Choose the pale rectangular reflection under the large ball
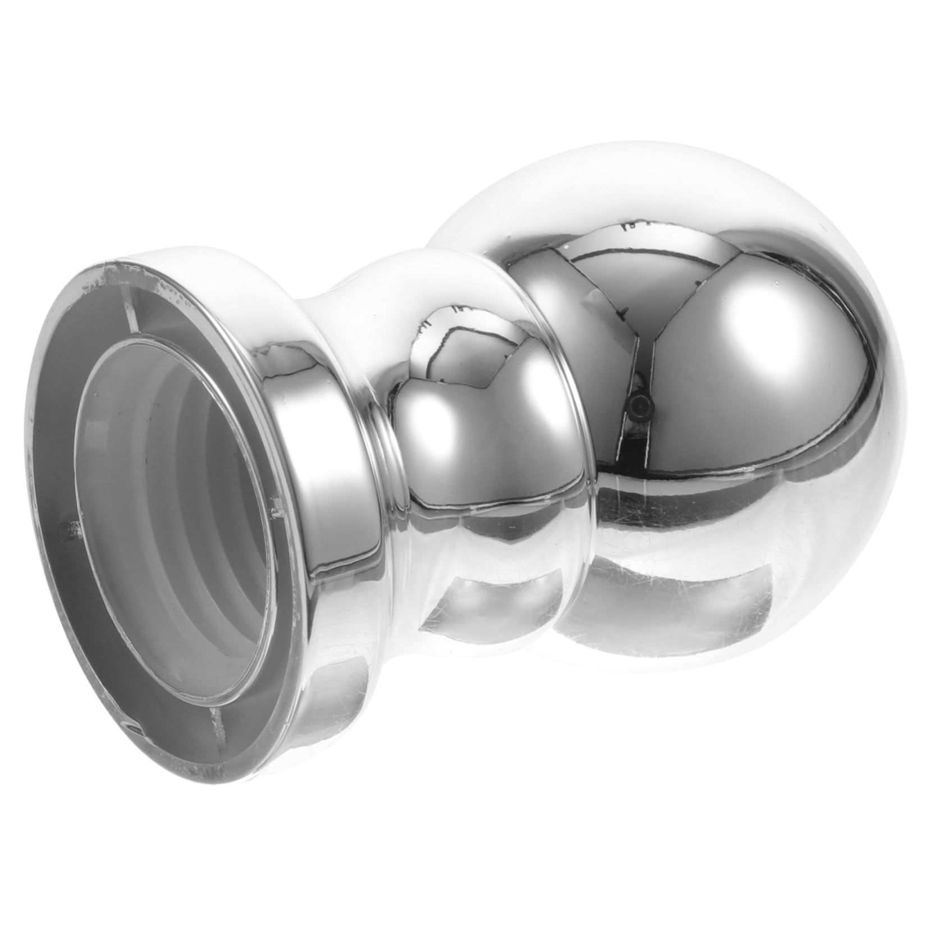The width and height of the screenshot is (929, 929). pyautogui.click(x=702, y=595)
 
